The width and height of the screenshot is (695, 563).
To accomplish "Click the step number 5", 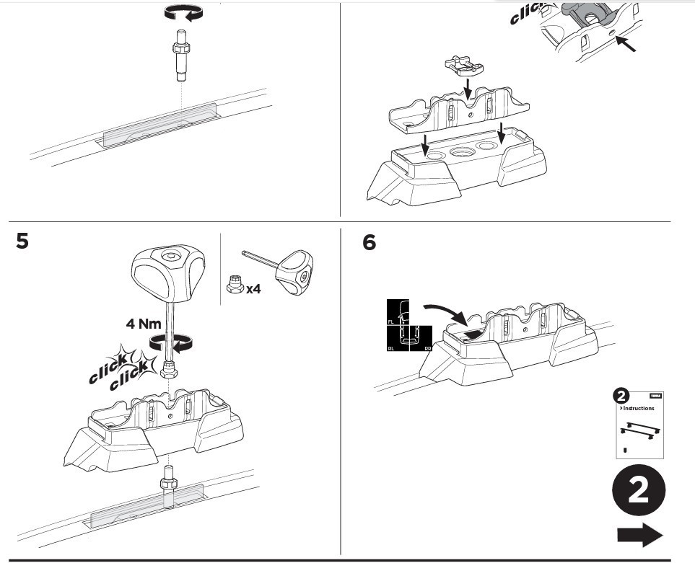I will point(23,241).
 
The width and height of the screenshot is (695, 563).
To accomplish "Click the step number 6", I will point(369,243).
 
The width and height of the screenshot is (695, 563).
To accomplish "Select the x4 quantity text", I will point(253,290).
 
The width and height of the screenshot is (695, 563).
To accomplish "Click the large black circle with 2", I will point(638,492).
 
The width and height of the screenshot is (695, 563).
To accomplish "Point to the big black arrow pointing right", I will point(639,535).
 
